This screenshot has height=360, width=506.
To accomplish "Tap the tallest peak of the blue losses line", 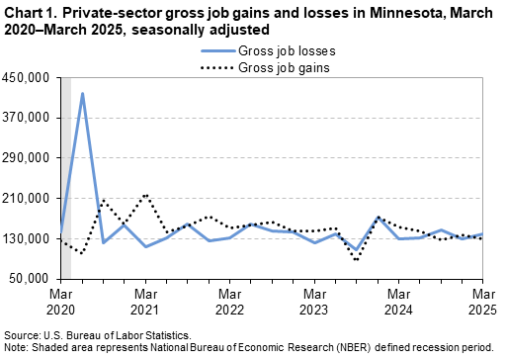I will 82,94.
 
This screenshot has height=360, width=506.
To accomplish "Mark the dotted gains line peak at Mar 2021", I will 145,195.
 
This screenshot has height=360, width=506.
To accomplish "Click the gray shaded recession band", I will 66,178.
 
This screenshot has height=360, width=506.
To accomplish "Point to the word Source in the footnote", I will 23,335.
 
